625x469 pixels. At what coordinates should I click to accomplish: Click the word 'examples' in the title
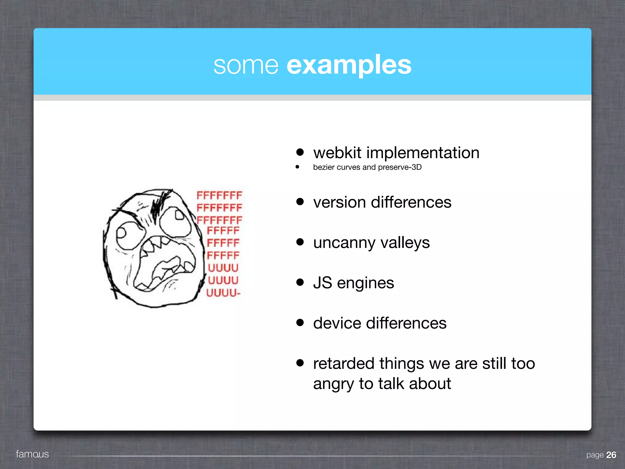pos(349,65)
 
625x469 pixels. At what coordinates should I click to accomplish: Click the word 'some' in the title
pos(246,66)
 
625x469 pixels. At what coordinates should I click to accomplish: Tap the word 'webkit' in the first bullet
pos(337,153)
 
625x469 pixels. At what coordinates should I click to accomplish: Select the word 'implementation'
pos(423,153)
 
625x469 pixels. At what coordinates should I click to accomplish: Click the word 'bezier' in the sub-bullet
pos(324,167)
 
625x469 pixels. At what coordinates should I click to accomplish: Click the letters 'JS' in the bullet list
pos(323,283)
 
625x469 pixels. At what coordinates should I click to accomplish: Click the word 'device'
pos(337,323)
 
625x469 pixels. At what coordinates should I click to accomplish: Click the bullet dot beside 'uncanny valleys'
pos(300,242)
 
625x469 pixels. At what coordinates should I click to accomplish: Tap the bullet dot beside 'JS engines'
pos(300,282)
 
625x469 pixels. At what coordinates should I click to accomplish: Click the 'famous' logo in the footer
pos(32,454)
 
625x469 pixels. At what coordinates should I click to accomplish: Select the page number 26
pos(611,455)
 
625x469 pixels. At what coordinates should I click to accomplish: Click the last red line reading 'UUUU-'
pos(223,293)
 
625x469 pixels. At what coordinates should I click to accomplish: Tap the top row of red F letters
pos(219,195)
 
